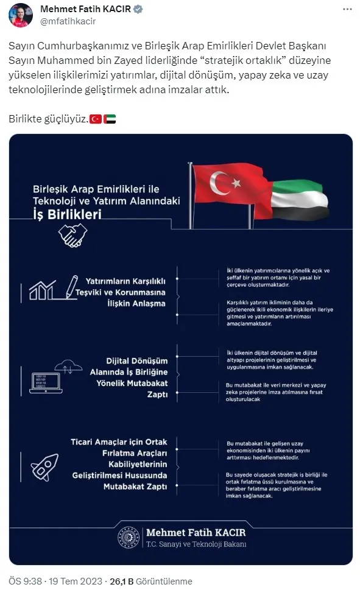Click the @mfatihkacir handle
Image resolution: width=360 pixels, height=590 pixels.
click(68, 21)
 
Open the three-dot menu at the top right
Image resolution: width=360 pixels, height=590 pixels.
click(347, 10)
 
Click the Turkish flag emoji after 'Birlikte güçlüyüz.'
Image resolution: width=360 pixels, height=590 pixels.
click(95, 119)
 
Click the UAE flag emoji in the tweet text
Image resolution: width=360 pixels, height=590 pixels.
click(110, 119)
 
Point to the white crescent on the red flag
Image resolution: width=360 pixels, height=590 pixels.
click(220, 180)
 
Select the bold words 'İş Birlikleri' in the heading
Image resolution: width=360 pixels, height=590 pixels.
click(67, 214)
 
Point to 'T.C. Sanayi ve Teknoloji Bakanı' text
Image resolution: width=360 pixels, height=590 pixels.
click(196, 544)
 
